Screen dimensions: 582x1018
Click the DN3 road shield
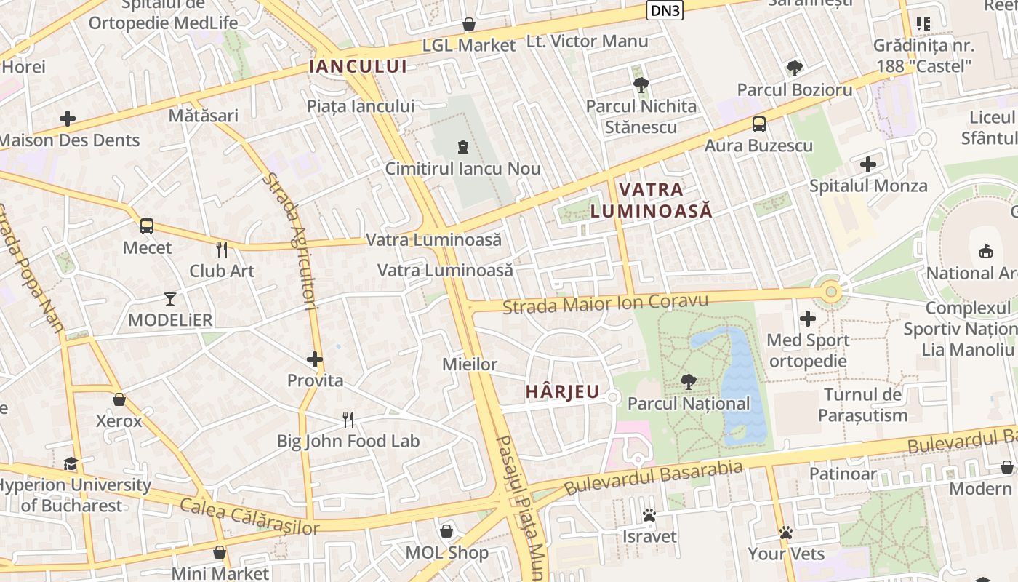click(665, 10)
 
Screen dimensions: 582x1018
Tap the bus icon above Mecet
click(147, 226)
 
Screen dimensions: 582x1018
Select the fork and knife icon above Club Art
click(222, 250)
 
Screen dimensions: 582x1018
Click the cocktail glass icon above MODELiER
click(170, 298)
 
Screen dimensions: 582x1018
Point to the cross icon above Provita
click(315, 359)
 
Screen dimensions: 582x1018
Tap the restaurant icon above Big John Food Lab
click(348, 419)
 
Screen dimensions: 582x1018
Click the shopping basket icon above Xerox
click(119, 399)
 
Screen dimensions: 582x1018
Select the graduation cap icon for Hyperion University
click(71, 463)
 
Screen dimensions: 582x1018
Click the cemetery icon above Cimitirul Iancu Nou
click(462, 147)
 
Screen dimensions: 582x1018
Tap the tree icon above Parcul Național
click(688, 381)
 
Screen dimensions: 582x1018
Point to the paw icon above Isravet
click(649, 515)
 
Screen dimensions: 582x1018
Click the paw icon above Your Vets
click(785, 533)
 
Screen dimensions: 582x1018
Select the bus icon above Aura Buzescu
click(759, 124)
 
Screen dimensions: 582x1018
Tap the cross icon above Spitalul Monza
click(867, 164)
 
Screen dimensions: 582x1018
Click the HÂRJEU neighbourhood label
click(563, 392)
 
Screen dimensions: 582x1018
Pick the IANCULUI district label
click(358, 66)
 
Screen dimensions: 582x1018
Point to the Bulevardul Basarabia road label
click(654, 477)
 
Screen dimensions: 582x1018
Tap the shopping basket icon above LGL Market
click(470, 24)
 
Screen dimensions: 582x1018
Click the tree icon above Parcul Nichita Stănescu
click(641, 84)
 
